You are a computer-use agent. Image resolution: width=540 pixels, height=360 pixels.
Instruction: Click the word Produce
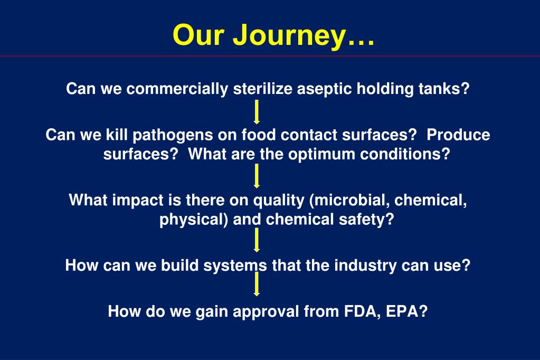pyautogui.click(x=458, y=136)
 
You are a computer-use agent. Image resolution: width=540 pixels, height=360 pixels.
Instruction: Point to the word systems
pyautogui.click(x=242, y=266)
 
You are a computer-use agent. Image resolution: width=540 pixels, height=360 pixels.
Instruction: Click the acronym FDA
pyautogui.click(x=358, y=311)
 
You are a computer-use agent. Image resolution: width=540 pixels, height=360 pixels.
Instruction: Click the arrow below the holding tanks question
pyautogui.click(x=257, y=112)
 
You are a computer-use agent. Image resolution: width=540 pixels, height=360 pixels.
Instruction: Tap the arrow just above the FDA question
pyautogui.click(x=257, y=285)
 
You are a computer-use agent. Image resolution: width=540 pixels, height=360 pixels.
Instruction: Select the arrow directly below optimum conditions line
pyautogui.click(x=257, y=176)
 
